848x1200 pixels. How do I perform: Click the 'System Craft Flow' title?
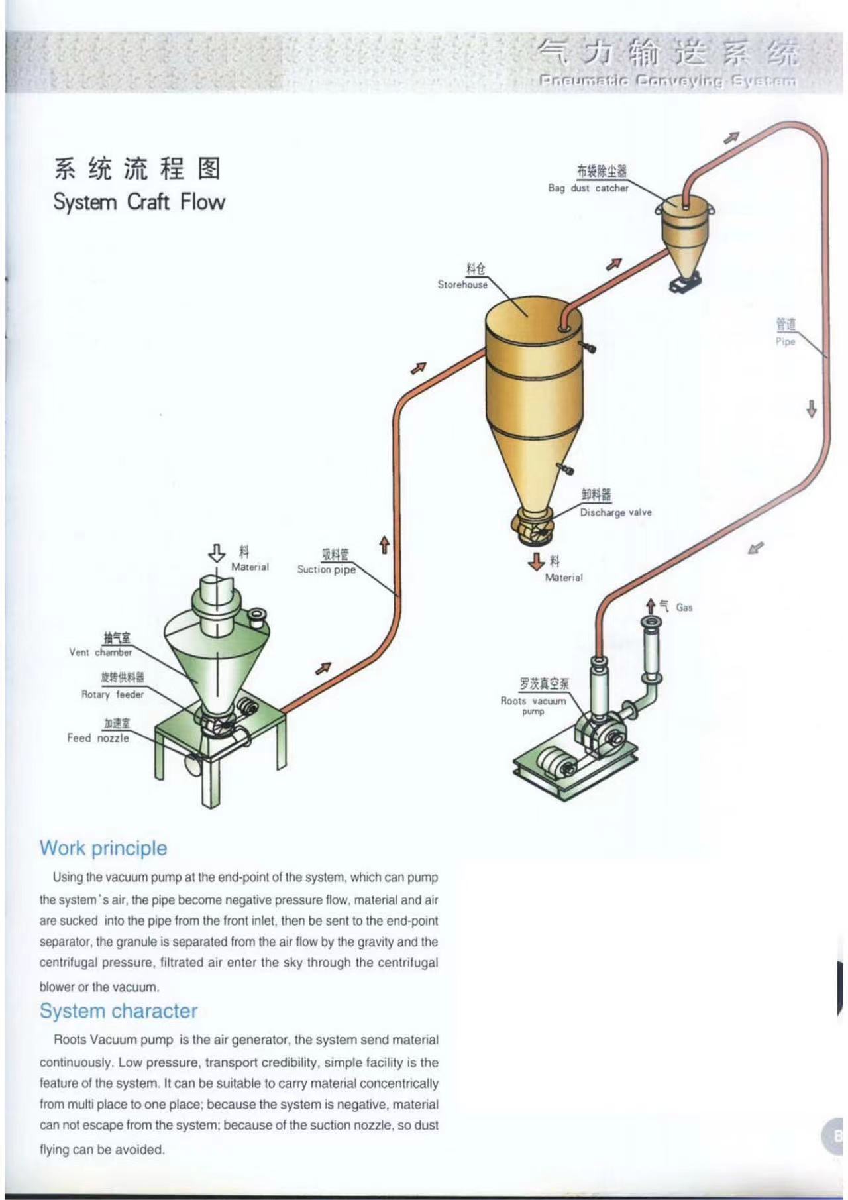pos(139,201)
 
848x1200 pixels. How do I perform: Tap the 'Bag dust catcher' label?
pos(588,188)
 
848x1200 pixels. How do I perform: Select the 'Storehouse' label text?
pos(462,285)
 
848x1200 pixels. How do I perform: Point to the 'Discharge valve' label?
pos(615,512)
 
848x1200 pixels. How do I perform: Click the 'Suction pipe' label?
pos(326,570)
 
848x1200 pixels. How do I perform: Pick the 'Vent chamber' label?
pos(100,653)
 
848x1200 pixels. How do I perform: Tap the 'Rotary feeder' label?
pos(112,695)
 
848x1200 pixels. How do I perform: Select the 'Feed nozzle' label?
pos(98,738)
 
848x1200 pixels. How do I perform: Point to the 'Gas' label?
pos(684,607)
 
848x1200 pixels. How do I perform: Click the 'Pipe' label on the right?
pos(785,342)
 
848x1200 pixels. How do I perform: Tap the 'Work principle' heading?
pos(103,848)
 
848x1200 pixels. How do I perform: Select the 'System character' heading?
pos(119,1011)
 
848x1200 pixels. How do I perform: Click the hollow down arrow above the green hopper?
pos(217,553)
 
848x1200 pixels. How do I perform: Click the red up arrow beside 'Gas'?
pos(651,606)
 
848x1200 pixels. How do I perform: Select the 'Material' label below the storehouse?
pos(564,578)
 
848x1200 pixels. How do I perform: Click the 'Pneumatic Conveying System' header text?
pos(668,82)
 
